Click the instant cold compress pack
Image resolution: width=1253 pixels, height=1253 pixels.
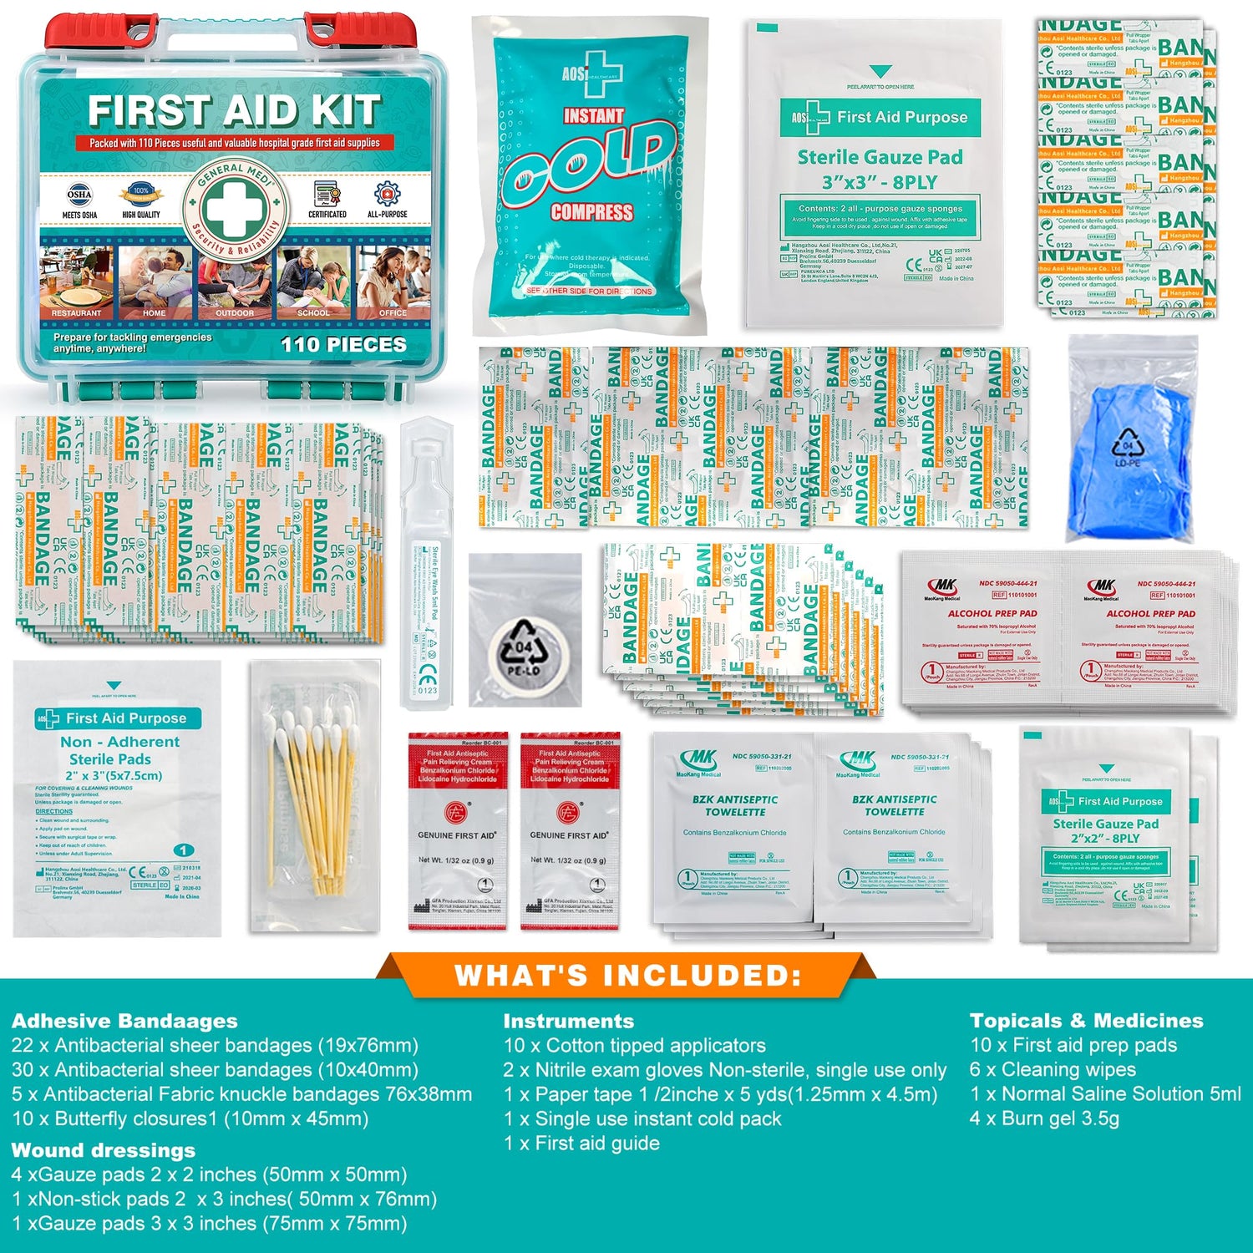point(591,175)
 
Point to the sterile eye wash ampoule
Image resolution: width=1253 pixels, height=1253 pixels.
point(426,560)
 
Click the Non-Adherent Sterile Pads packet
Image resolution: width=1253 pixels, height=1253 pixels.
point(117,798)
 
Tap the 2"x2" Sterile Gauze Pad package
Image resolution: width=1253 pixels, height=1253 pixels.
point(1104,835)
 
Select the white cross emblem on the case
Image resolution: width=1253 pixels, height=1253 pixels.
point(235,205)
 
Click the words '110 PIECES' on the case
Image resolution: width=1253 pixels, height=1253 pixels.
point(343,344)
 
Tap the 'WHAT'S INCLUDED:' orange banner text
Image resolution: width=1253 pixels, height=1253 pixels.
point(627,975)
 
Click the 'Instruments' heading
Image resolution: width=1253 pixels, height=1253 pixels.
point(568,1021)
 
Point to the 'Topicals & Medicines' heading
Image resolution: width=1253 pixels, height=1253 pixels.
point(1086,1021)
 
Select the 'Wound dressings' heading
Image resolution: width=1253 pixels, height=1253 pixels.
point(104,1150)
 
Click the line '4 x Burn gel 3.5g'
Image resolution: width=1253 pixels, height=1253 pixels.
point(1044,1119)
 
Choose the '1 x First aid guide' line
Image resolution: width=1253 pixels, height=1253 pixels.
point(581,1143)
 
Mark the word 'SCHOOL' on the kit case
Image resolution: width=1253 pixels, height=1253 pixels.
point(313,313)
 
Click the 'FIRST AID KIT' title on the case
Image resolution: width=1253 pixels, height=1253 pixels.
point(234,110)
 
